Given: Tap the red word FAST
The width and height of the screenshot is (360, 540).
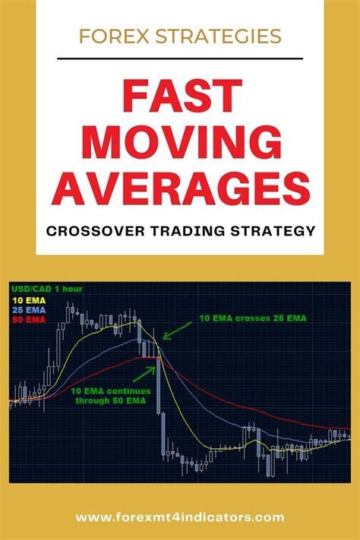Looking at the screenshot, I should tap(180, 100).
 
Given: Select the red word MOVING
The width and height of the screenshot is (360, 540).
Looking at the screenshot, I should tap(180, 144).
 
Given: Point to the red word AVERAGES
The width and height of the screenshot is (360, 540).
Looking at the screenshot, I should tap(180, 188).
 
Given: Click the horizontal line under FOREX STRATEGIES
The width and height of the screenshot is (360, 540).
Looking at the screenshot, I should tap(180, 58).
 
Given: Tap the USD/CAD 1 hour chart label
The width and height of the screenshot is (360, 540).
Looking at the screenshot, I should tap(46, 289).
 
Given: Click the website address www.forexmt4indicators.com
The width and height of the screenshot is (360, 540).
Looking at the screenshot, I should tap(180, 517).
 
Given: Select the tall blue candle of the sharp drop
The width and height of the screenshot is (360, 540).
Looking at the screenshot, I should tap(159, 387).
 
